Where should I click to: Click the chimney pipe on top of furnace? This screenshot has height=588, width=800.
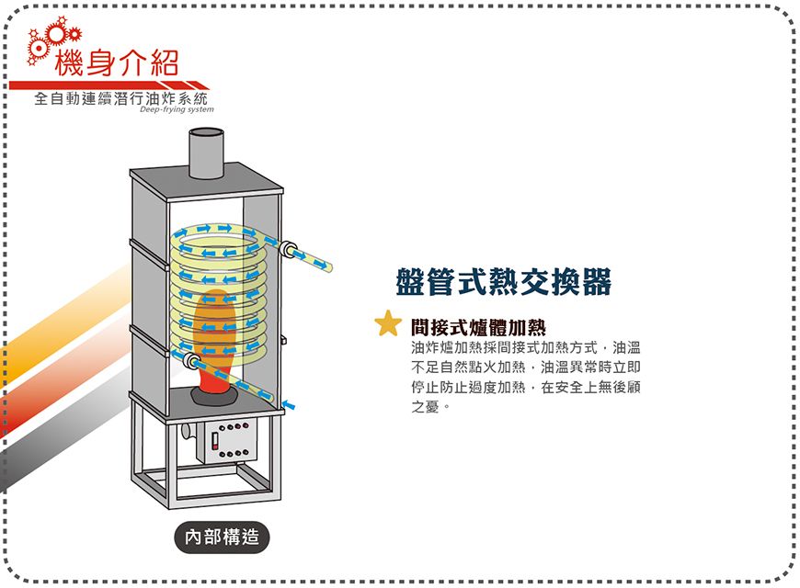pos(206,152)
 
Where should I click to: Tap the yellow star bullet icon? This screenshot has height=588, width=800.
pos(388,323)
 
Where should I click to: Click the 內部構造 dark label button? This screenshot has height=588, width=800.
pos(221,537)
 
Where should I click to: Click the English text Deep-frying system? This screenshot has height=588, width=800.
pos(177,109)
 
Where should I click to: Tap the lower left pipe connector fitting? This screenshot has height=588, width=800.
pos(192,359)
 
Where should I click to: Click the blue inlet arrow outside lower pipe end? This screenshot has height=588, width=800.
pos(290,403)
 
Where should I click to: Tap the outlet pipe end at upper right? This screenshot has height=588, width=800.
pos(326,266)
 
